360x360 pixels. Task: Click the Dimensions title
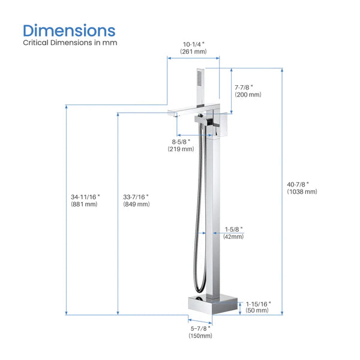[x=69, y=29]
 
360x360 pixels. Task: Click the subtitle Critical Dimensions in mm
[x=70, y=43]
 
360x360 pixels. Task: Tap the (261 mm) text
[x=193, y=52]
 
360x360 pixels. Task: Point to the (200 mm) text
[x=247, y=95]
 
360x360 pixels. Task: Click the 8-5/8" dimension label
[x=181, y=141]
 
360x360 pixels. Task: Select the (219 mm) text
[x=181, y=149]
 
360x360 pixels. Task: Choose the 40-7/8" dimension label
[x=302, y=184]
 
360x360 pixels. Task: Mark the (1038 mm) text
[x=302, y=192]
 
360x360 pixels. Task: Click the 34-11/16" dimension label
[x=85, y=196]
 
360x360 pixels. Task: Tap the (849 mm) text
[x=136, y=205]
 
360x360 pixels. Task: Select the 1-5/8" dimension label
[x=234, y=229]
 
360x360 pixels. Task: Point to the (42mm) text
[x=234, y=237]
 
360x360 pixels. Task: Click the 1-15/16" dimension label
[x=259, y=304]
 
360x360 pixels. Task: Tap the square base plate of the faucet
[x=216, y=304]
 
